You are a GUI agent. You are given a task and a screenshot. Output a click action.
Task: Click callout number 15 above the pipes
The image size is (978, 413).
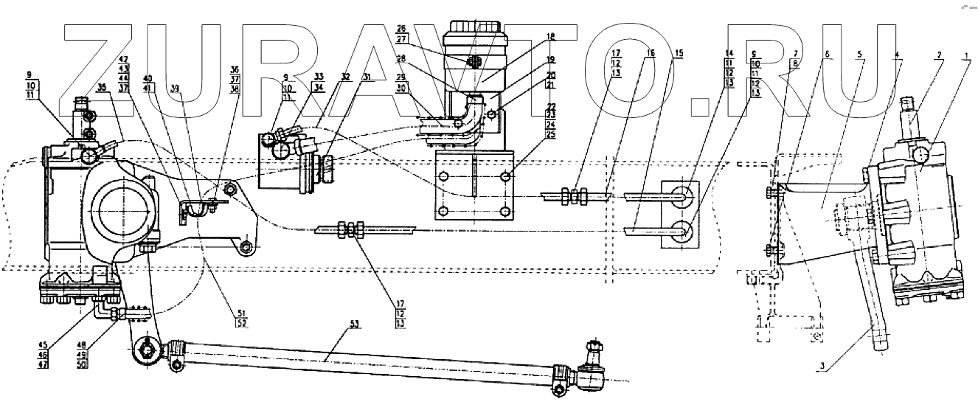coord(679,53)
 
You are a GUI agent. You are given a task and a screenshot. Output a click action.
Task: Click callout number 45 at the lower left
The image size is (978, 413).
coord(44,343)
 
